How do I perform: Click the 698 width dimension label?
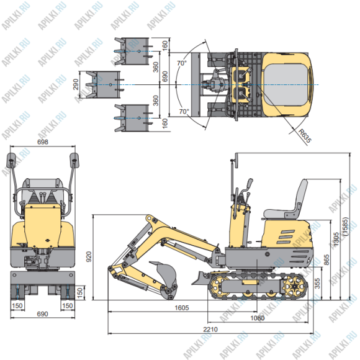(x=42, y=142)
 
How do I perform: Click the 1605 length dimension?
(x=181, y=308)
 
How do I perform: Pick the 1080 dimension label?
(x=256, y=318)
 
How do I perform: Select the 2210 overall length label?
(x=211, y=330)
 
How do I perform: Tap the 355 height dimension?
(x=318, y=284)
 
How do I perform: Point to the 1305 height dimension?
(x=336, y=240)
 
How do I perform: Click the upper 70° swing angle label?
(x=182, y=63)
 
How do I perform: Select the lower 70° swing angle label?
(x=183, y=111)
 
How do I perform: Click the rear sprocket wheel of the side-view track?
(x=295, y=286)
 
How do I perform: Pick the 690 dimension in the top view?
(x=165, y=76)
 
